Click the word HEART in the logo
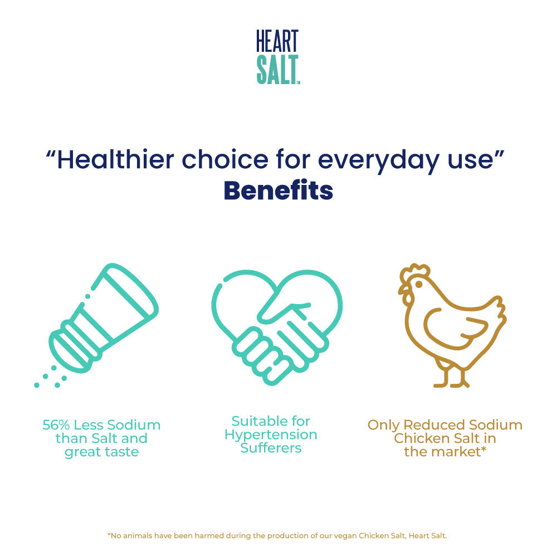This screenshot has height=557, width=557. click(x=277, y=41)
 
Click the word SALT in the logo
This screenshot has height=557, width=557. click(x=277, y=70)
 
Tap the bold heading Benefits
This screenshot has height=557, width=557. click(x=278, y=191)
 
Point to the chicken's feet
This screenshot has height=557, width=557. click(x=451, y=379)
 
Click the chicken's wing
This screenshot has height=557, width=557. click(x=454, y=329)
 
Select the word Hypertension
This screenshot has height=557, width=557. click(x=271, y=434)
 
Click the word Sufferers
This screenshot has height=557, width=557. click(x=271, y=448)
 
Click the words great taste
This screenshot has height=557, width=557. click(x=101, y=452)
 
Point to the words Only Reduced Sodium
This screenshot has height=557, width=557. click(x=444, y=426)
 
